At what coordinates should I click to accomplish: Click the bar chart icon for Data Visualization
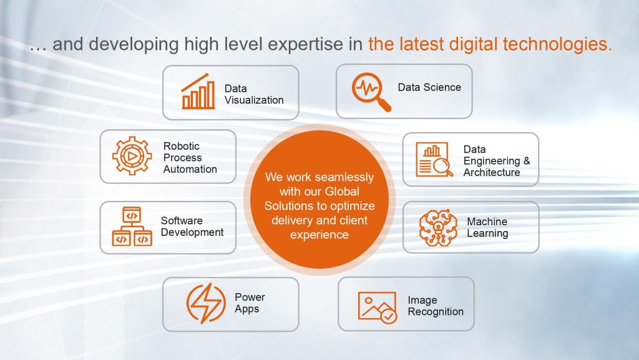198,92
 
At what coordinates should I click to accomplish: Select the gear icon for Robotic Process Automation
132,155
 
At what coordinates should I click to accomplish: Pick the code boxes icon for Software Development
132,226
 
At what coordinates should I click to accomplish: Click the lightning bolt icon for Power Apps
206,303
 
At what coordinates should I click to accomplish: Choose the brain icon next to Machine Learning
438,228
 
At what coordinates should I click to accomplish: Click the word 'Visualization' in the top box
254,100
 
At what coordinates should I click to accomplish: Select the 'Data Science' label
429,87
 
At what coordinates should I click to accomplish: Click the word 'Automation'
190,170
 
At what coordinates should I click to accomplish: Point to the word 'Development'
192,233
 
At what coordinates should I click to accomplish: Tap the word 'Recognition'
436,312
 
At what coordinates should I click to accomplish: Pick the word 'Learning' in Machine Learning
487,234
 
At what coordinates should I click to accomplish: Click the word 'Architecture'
492,173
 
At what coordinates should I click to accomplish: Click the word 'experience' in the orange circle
319,235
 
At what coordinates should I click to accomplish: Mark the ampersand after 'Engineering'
527,161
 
